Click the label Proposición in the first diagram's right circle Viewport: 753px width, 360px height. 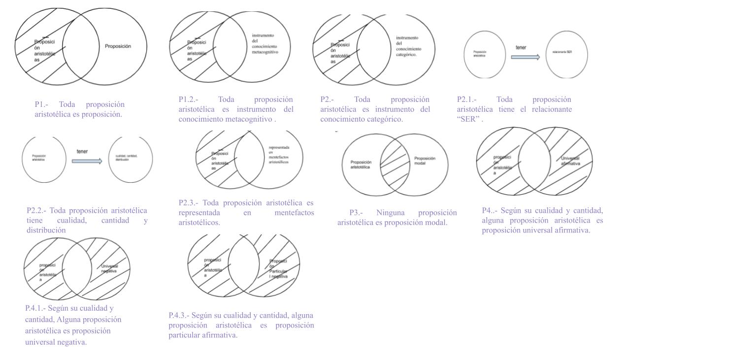click(118, 46)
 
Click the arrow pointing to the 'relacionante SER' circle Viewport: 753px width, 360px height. click(525, 57)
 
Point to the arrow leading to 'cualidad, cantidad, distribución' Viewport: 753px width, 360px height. click(87, 161)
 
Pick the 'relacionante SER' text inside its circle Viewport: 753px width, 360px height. click(562, 52)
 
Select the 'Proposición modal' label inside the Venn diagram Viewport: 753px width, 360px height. click(425, 161)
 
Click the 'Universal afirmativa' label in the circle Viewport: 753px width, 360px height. click(570, 161)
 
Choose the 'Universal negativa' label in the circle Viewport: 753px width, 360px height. click(109, 268)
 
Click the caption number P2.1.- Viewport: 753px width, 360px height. click(467, 99)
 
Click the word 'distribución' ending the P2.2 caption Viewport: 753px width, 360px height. click(46, 230)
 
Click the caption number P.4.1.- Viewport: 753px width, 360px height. click(35, 308)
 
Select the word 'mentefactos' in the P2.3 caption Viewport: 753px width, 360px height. click(294, 213)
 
